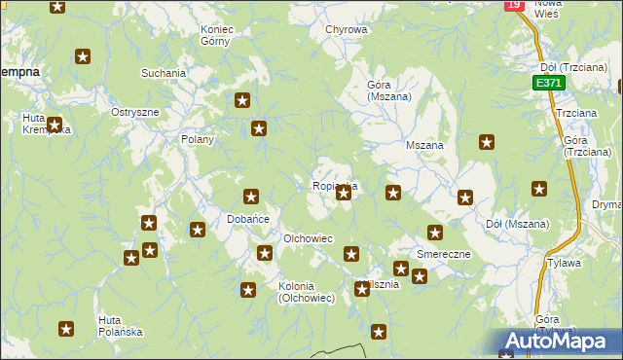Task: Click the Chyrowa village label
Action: (347, 29)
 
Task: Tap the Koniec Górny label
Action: (217, 35)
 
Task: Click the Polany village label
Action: (197, 139)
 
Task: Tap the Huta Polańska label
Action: (121, 326)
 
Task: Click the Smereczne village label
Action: (444, 254)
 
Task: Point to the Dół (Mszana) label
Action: (517, 225)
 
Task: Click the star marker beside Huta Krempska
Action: (55, 125)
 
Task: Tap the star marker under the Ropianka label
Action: (344, 193)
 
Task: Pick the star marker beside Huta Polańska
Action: (66, 329)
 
